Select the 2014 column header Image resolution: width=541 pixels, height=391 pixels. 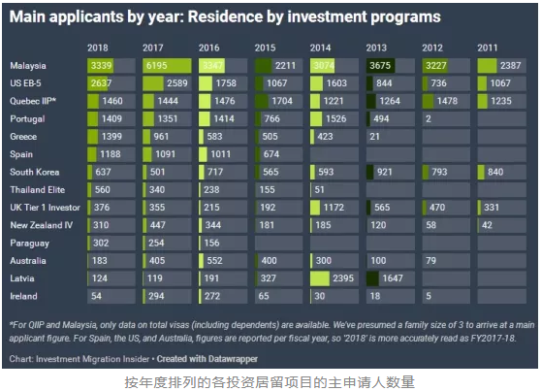pos(320,48)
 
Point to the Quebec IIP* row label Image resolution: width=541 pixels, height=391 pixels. pos(34,100)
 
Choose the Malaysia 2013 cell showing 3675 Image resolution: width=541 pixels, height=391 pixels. pos(386,65)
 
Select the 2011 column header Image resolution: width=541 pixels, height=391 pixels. pos(489,48)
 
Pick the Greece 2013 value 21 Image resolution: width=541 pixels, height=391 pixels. pos(373,136)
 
